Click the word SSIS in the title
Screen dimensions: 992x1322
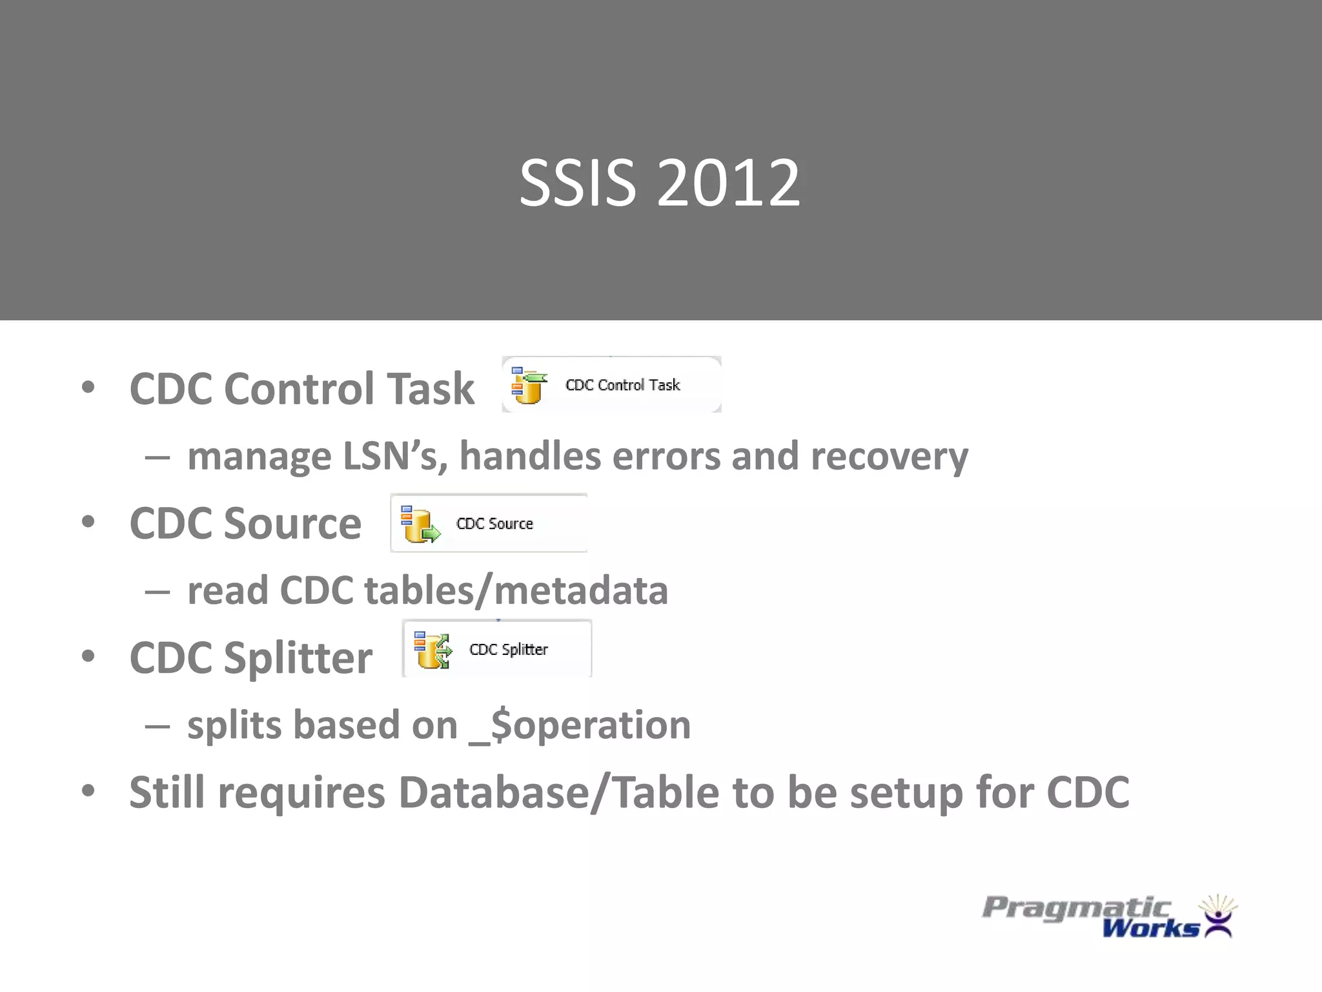point(578,184)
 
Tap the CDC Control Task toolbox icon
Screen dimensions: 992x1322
point(528,386)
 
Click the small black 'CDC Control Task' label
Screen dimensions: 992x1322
point(622,386)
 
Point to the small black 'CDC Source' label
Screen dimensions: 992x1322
point(494,524)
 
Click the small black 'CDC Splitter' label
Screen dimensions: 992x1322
point(509,650)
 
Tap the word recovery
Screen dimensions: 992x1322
point(889,457)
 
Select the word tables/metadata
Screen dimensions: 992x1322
point(516,591)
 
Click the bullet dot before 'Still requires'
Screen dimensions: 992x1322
point(88,790)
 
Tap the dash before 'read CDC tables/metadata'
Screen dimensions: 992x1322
point(158,591)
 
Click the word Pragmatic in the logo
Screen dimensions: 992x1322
point(1076,907)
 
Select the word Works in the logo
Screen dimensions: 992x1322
point(1150,929)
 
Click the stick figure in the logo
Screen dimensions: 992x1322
point(1217,920)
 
